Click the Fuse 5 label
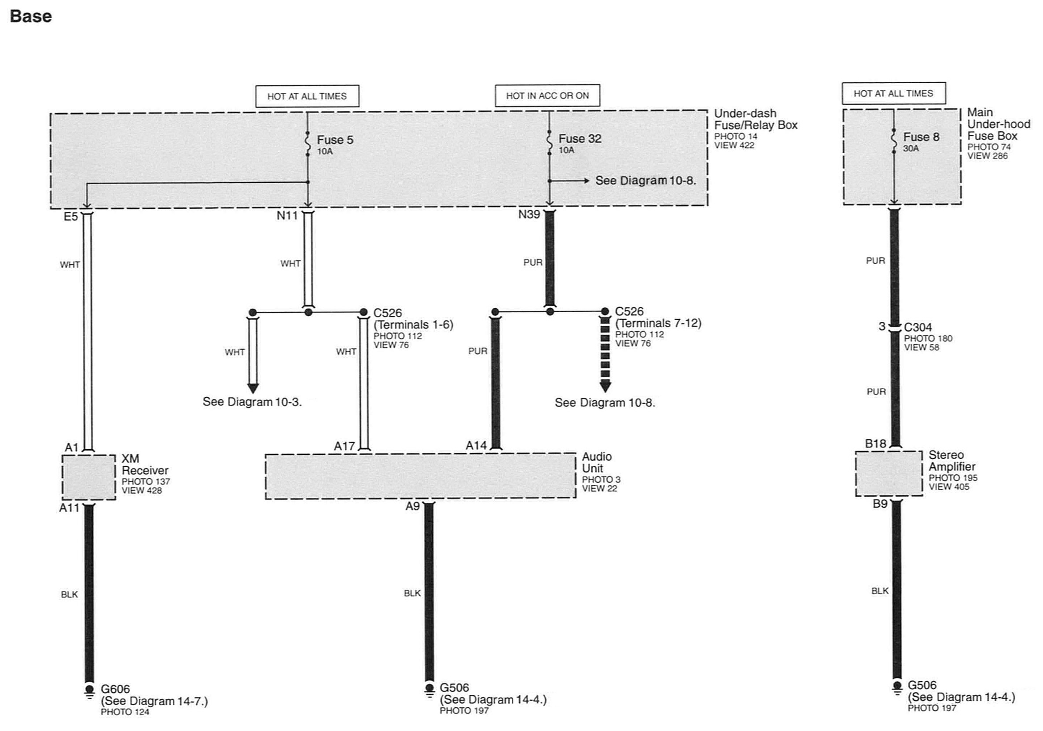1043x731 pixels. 335,140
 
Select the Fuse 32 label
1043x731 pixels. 580,138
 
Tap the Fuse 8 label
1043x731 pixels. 921,137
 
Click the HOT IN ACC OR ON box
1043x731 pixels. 547,96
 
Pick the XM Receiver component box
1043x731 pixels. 88,477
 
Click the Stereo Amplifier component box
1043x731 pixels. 889,473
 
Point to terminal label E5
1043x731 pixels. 71,217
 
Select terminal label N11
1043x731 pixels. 287,215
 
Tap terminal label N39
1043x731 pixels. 529,214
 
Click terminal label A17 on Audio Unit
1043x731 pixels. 344,447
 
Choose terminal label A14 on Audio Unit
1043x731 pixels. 476,446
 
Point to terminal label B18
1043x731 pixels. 875,444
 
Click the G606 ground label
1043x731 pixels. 115,689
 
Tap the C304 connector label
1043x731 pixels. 918,327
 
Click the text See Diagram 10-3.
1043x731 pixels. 252,402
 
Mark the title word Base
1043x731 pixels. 31,16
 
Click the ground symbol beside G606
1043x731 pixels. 89,690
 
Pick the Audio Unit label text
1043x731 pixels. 596,462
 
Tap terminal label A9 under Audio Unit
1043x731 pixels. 412,506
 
